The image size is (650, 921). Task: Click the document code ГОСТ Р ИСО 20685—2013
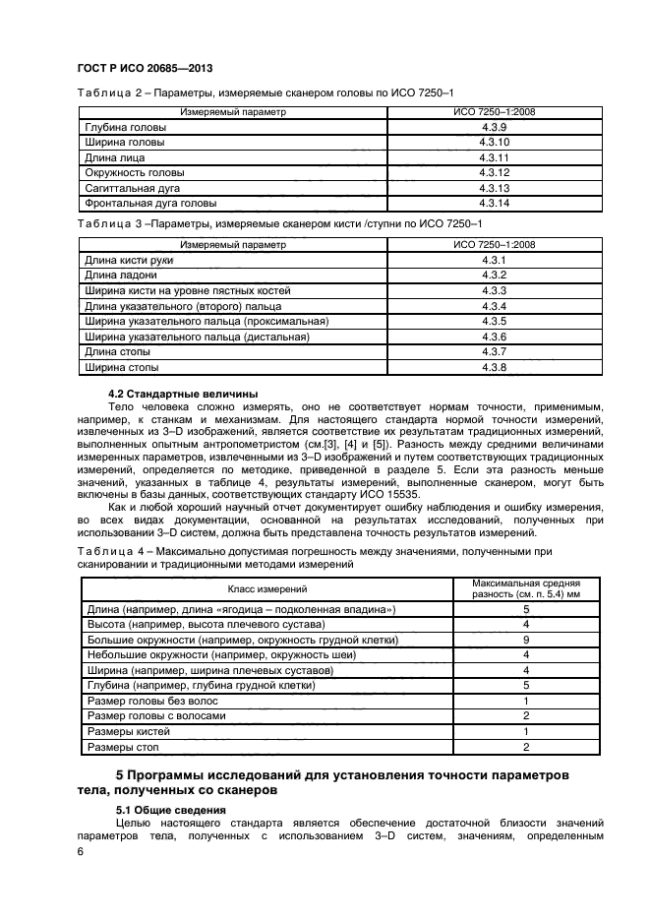[x=133, y=67]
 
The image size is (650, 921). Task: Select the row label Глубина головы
[x=125, y=128]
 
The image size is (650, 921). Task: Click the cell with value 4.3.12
[x=494, y=172]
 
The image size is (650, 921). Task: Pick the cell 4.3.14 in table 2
[x=494, y=202]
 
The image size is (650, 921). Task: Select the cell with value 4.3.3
[x=494, y=290]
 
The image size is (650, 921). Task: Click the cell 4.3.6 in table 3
[x=494, y=337]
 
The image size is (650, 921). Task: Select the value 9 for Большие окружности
[x=526, y=640]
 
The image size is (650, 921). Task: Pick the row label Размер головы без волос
[x=150, y=701]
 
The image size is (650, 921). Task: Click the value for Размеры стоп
[x=526, y=747]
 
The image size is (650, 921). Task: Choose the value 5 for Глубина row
[x=526, y=685]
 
